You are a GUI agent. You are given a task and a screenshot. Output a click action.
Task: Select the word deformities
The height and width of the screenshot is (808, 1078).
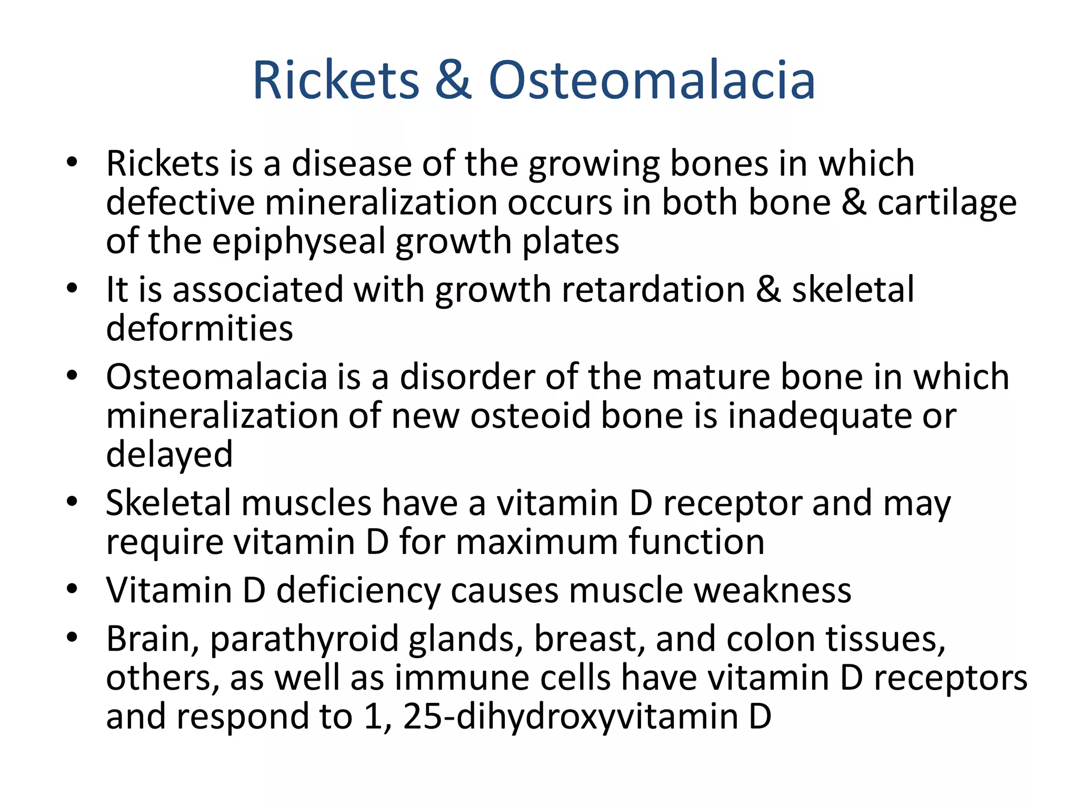click(x=199, y=328)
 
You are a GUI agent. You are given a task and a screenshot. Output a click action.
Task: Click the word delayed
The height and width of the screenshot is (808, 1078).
click(x=169, y=455)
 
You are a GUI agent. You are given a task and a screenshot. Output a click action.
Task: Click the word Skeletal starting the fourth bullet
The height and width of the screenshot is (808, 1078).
click(x=168, y=503)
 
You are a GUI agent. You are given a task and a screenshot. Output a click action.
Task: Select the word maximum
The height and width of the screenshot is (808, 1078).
click(x=537, y=542)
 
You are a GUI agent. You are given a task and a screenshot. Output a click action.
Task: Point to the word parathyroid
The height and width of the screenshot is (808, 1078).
click(x=304, y=640)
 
